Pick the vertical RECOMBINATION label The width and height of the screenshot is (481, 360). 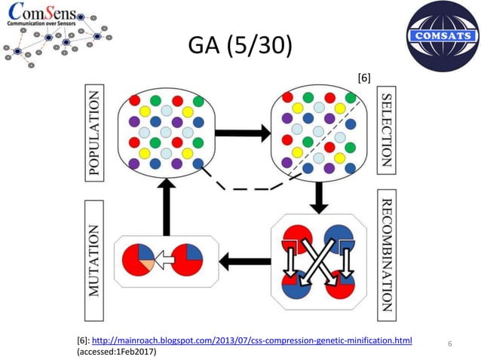pos(385,257)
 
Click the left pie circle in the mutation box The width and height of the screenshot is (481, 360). pos(139,261)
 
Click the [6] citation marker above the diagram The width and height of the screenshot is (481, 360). pos(363,76)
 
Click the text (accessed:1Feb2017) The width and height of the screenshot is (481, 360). pos(117,352)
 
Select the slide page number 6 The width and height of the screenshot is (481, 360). pos(449,344)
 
